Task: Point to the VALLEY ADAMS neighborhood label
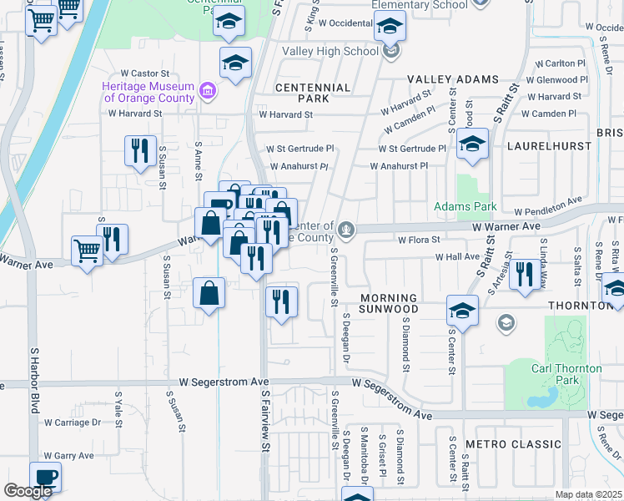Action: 453,79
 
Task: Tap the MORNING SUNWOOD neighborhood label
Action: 388,304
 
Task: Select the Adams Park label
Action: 465,206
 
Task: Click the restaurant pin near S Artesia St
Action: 524,274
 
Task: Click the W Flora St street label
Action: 418,240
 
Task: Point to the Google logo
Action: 28,491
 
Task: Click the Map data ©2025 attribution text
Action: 589,494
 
